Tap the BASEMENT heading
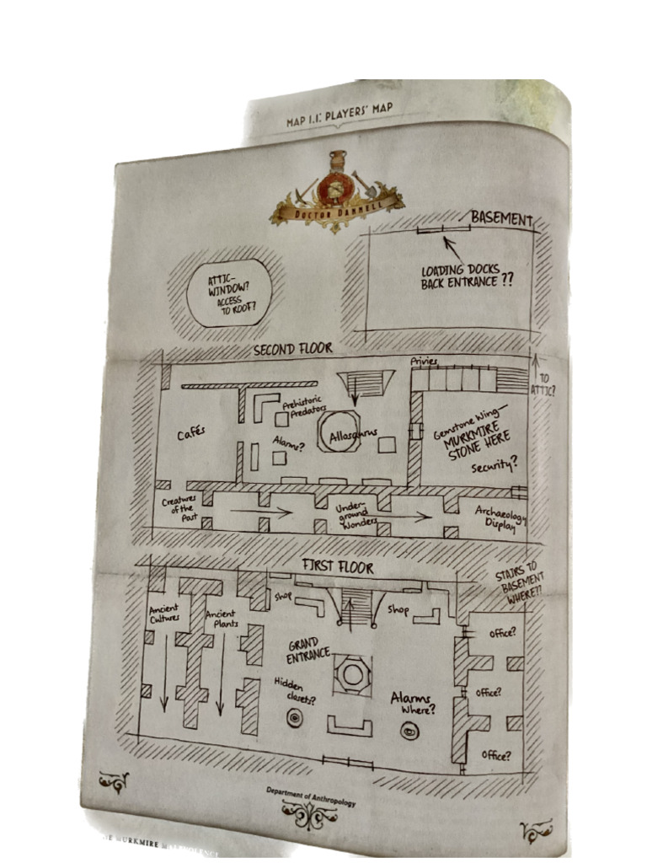(501, 219)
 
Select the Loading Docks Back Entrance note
(467, 276)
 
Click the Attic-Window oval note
(229, 292)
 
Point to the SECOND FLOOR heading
(292, 348)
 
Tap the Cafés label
(190, 434)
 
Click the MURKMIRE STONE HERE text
(475, 444)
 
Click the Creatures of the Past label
(179, 507)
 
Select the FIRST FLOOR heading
(337, 567)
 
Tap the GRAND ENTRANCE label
(307, 650)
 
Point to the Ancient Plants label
(222, 619)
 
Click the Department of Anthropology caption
(311, 796)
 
